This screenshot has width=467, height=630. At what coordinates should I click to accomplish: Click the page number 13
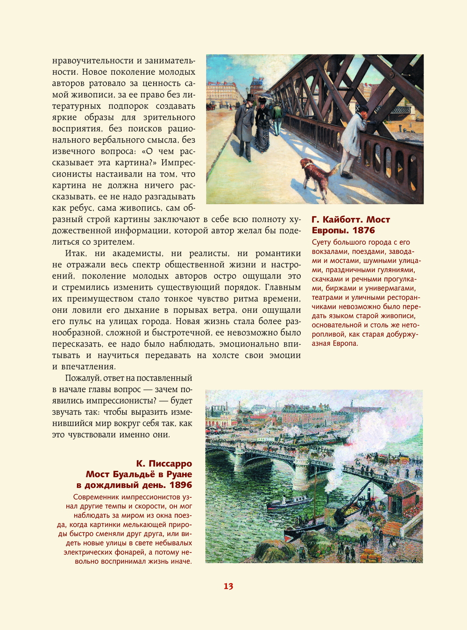pyautogui.click(x=228, y=587)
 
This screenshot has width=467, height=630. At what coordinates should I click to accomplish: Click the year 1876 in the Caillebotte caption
pyautogui.click(x=364, y=230)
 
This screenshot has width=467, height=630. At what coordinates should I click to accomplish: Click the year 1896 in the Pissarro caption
pyautogui.click(x=181, y=485)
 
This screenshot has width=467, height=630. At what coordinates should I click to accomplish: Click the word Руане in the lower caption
pyautogui.click(x=177, y=474)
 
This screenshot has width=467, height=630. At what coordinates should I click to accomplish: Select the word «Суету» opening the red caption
pyautogui.click(x=321, y=242)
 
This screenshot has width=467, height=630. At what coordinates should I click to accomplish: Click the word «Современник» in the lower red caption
pyautogui.click(x=97, y=497)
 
